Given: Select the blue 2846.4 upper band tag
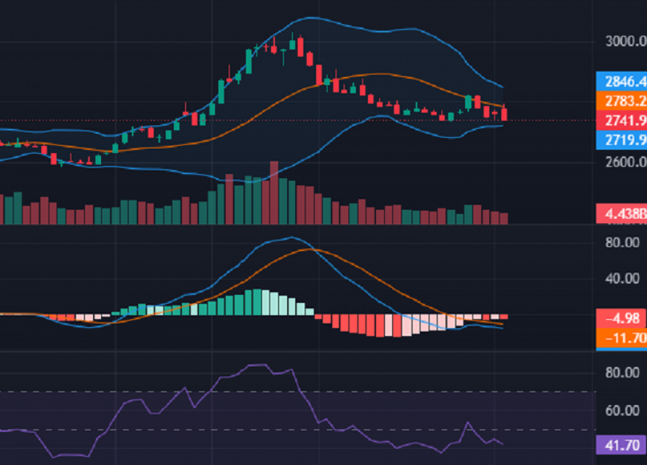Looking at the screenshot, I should pyautogui.click(x=621, y=82).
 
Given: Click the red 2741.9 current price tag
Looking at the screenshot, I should pyautogui.click(x=621, y=121).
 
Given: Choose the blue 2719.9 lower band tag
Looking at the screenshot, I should pyautogui.click(x=621, y=140).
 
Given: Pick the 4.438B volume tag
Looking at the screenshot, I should pyautogui.click(x=621, y=215).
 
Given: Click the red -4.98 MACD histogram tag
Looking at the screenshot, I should pyautogui.click(x=621, y=319).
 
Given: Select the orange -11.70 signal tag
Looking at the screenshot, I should pyautogui.click(x=621, y=337).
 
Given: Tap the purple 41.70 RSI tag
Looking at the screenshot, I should pyautogui.click(x=621, y=445).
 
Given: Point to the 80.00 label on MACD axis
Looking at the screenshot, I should pyautogui.click(x=621, y=242).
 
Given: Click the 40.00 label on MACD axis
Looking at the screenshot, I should pyautogui.click(x=621, y=279).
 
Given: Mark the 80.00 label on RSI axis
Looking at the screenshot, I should pyautogui.click(x=621, y=373).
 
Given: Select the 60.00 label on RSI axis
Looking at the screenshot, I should pyautogui.click(x=621, y=410).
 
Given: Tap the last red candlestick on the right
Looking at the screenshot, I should pyautogui.click(x=503, y=114).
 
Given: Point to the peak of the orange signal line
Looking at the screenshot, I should pyautogui.click(x=309, y=249).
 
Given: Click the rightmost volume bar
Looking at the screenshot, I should pyautogui.click(x=503, y=218).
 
